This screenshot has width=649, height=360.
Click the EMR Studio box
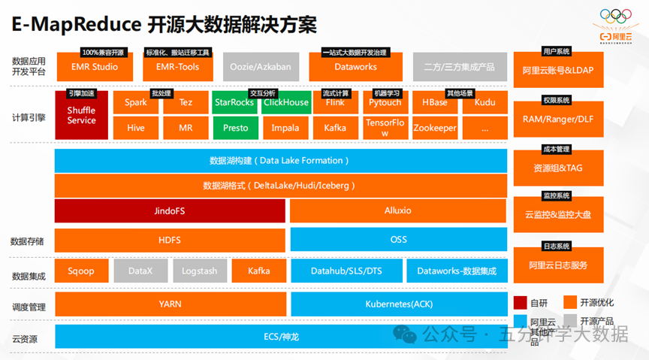click(x=95, y=67)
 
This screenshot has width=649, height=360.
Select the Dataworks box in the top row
click(x=355, y=67)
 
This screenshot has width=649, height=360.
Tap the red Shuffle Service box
click(x=81, y=116)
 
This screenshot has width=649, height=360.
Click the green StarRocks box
click(x=234, y=103)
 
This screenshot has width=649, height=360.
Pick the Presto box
click(x=235, y=128)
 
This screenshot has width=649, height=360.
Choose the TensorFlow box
click(x=384, y=128)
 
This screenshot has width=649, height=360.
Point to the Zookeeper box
click(x=435, y=128)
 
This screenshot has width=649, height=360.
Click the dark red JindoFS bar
click(x=170, y=210)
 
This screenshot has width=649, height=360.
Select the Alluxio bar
click(x=398, y=210)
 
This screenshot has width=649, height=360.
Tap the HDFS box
click(x=170, y=240)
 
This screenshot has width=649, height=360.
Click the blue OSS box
click(x=398, y=240)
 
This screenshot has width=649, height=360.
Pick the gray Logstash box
click(x=199, y=271)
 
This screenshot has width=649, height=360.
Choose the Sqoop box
click(x=81, y=271)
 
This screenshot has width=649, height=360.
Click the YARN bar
click(x=170, y=304)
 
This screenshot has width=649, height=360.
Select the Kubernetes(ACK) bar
click(x=398, y=304)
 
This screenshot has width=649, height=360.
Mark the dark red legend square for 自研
click(x=520, y=303)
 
